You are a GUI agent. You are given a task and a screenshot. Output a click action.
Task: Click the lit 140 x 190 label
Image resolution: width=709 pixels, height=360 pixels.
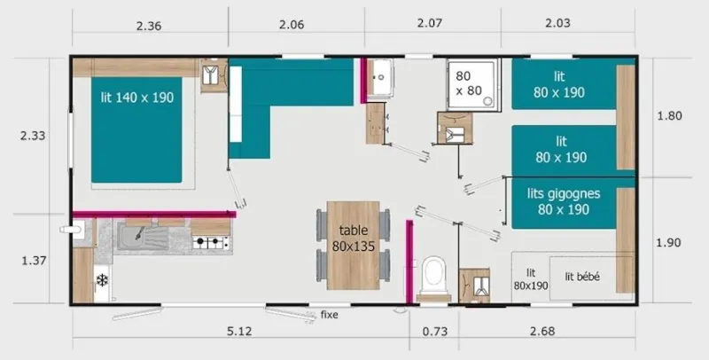point(136,98)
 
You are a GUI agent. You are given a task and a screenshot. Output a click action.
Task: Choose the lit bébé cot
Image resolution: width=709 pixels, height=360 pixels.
point(583,278)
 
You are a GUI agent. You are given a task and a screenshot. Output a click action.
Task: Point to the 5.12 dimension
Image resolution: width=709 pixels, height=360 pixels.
point(240,332)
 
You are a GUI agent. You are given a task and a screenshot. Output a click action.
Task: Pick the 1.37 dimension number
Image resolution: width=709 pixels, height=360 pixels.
point(33,260)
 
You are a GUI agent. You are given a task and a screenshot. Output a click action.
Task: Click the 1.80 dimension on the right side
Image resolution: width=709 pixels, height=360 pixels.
point(670,115)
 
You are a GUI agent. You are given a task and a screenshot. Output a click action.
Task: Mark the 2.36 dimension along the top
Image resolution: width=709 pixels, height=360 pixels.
point(149,25)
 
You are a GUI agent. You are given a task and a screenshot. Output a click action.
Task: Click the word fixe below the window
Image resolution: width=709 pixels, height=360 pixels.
point(330,315)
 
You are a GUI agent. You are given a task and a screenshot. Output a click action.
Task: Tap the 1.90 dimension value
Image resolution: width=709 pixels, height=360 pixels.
point(670,243)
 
